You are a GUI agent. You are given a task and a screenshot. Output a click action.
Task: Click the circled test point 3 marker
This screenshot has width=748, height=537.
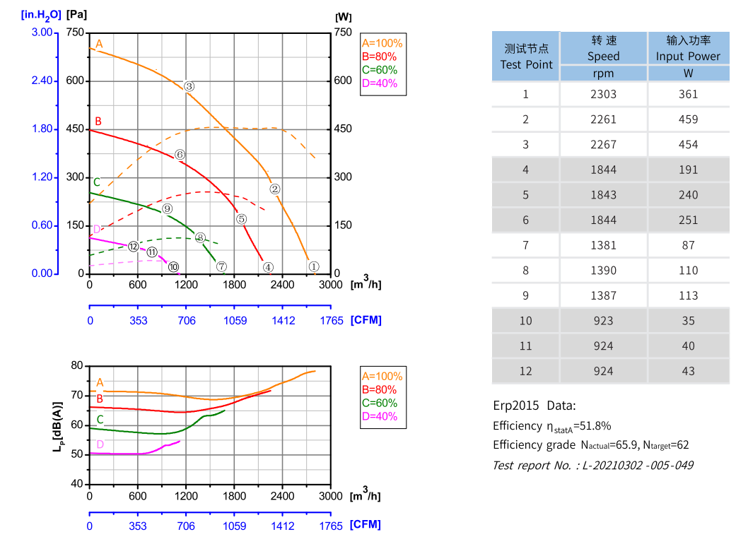pos(189,86)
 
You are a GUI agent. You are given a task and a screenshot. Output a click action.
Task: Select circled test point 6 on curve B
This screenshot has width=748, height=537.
pos(180,154)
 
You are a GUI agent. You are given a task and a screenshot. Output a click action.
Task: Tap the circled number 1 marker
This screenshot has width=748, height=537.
pos(315,266)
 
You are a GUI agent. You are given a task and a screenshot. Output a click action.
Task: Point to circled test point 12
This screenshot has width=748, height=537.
pos(134,247)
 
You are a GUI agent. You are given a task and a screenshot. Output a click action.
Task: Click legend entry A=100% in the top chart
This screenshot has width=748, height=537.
pos(382,43)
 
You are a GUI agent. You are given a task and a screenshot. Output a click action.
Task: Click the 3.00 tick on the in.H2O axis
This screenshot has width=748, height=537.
pos(42,33)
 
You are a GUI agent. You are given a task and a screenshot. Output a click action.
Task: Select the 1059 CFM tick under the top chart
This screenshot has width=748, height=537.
pos(235,320)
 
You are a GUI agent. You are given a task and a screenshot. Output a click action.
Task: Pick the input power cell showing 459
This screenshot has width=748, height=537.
pos(688,119)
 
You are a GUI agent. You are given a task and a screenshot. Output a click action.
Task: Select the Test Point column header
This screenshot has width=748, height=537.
pos(526,57)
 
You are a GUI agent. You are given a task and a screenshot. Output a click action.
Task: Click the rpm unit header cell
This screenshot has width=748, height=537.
pos(603,73)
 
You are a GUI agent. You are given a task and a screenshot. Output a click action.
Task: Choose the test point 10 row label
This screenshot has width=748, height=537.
pos(525,321)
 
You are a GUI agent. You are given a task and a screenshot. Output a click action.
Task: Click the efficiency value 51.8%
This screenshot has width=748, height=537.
pos(591,426)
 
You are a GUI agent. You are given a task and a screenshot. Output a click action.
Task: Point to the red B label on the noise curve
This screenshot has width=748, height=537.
pos(100,399)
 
